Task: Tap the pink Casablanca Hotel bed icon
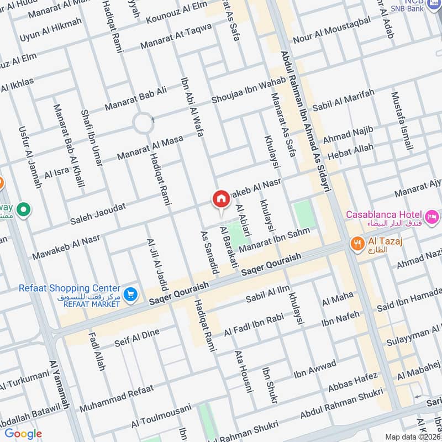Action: [x=432, y=214]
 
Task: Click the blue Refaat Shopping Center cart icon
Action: [x=130, y=294]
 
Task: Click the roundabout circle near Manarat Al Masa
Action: [x=143, y=123]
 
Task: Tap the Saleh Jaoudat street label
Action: [x=97, y=213]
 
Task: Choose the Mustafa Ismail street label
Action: [x=402, y=121]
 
